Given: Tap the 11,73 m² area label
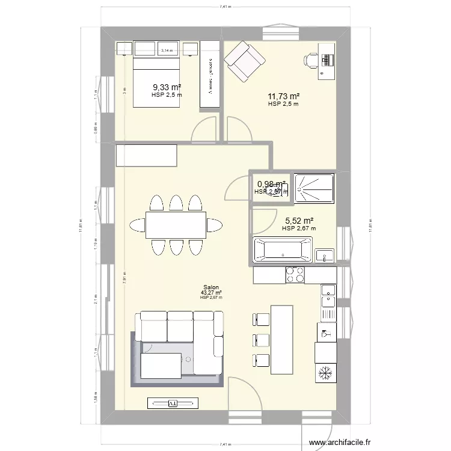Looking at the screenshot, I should [283, 96].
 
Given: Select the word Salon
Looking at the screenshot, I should [211, 287].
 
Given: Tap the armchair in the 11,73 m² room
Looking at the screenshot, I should [244, 61].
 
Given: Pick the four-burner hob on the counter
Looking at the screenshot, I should [295, 275].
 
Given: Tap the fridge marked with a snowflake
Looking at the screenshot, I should [325, 373].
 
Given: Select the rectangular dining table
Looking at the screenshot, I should [175, 225].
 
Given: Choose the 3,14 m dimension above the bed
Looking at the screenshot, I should [167, 51].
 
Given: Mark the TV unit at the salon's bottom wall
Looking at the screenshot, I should [172, 403].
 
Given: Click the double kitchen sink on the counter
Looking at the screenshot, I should [328, 300].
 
